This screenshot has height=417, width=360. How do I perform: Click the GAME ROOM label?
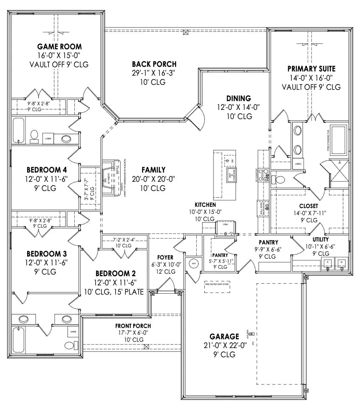pos(59,46)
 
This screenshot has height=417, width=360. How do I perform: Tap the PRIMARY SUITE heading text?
pos(311,69)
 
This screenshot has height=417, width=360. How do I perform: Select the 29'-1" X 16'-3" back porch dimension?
pos(154,73)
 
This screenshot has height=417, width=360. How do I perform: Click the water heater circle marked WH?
pos(193,264)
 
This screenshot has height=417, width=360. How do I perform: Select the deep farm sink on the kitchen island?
pos(229,175)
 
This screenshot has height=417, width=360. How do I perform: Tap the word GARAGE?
pos(224,336)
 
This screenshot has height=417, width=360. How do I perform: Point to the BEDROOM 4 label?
pos(47,170)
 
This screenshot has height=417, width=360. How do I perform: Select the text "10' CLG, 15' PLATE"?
pos(113,292)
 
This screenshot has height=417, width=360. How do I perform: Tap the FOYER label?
pos(165,257)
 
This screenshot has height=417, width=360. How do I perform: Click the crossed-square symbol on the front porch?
pos(146,346)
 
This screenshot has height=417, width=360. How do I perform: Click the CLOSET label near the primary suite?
pos(309,206)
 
